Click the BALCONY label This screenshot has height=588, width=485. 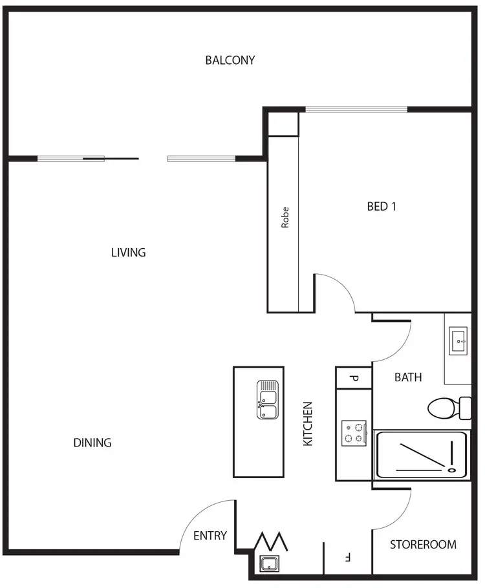pos(230,60)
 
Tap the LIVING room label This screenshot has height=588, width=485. pos(128,253)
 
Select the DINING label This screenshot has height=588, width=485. pos(92,443)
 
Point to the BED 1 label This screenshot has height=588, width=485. pos(382,207)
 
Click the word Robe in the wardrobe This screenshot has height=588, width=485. pos(285,217)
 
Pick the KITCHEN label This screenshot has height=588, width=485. pos(308,424)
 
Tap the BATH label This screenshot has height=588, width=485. pos(408,377)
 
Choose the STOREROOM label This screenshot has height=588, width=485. pos(423,545)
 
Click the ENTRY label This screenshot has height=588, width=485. pos(210,536)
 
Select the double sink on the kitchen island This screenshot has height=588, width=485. pos(267,400)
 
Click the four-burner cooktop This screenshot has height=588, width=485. pos(354,433)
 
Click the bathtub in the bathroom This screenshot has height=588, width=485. pos(422,456)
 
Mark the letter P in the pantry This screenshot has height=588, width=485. pos(354,378)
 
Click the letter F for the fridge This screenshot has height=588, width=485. pos(347,556)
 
